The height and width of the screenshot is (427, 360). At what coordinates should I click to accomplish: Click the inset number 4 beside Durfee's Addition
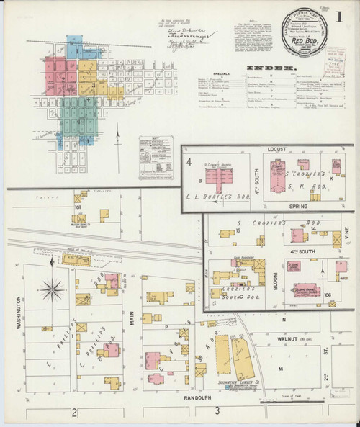pyautogui.click(x=189, y=163)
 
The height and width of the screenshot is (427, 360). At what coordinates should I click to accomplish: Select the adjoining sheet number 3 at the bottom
pyautogui.click(x=217, y=412)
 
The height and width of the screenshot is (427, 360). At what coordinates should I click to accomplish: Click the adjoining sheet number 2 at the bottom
pyautogui.click(x=74, y=412)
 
